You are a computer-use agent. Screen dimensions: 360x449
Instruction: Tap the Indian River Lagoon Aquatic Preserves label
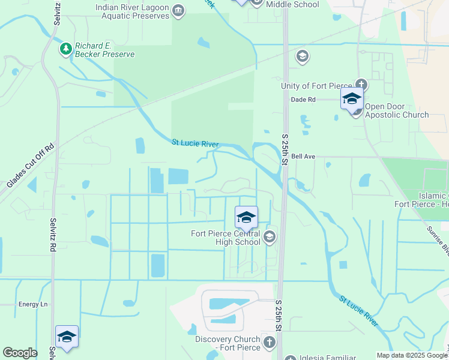tap(132, 11)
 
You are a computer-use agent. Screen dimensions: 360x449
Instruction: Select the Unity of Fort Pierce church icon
tap(361, 85)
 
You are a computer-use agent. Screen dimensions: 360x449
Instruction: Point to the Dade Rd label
tap(303, 100)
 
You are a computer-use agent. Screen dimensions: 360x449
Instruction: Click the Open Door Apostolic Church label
tap(396, 115)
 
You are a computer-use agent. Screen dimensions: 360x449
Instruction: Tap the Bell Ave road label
tap(303, 157)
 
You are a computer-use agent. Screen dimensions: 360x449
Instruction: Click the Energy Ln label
tap(32, 304)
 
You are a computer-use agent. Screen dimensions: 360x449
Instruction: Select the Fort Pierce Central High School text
tap(225, 238)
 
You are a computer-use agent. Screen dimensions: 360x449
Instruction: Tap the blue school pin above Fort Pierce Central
tap(246, 218)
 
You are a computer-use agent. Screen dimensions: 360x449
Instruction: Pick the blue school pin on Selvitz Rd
tap(67, 337)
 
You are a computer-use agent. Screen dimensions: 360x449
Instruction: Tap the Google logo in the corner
tap(20, 353)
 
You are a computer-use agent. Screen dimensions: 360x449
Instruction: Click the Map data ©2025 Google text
tap(411, 355)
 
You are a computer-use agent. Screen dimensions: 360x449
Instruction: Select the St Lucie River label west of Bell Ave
tap(195, 144)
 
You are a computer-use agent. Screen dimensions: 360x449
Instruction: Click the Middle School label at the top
tap(292, 4)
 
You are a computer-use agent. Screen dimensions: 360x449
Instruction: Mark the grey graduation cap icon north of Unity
tap(303, 57)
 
